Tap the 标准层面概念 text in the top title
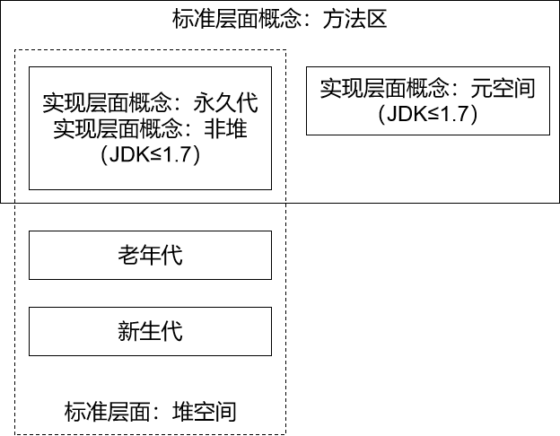click(x=235, y=20)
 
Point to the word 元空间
click(x=503, y=88)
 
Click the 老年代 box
click(x=150, y=255)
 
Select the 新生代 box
click(x=150, y=331)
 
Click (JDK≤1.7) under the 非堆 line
click(x=150, y=153)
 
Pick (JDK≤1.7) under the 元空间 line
click(x=426, y=114)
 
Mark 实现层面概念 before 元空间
click(x=384, y=88)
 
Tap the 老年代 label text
click(x=150, y=255)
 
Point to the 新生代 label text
click(x=150, y=331)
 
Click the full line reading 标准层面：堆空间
click(x=150, y=412)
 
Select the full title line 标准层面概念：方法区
click(x=279, y=20)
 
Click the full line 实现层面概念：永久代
click(x=150, y=102)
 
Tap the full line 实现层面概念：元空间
click(x=427, y=88)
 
